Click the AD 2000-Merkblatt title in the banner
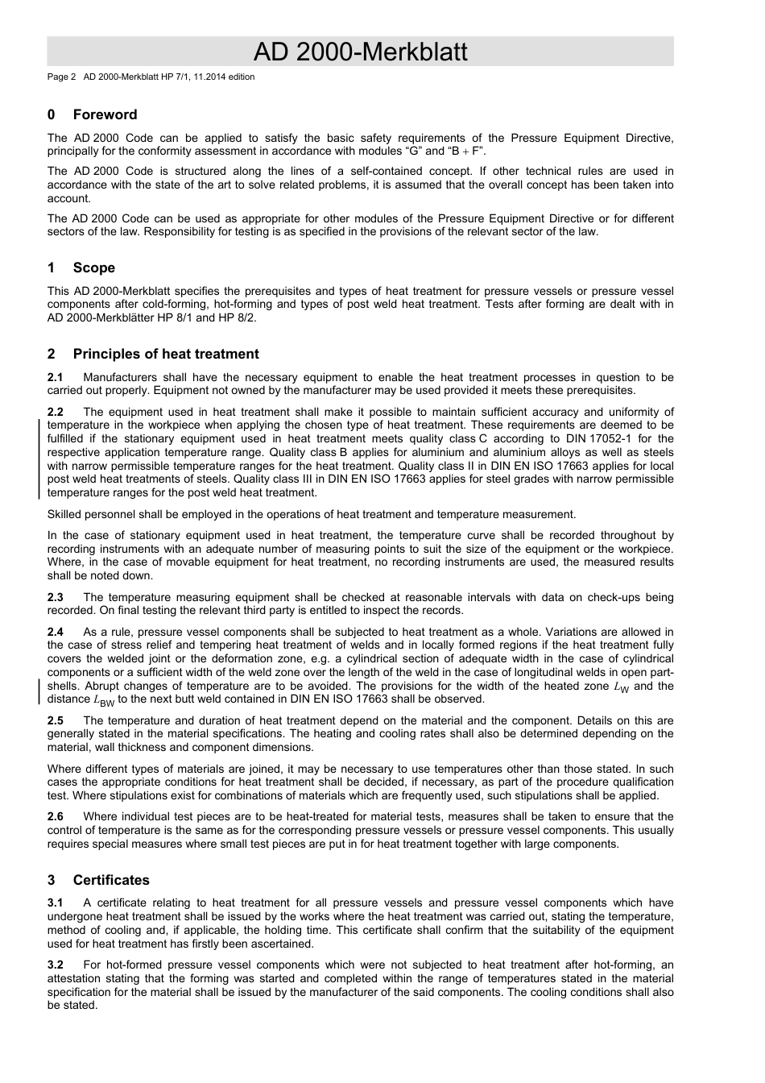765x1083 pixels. (360, 52)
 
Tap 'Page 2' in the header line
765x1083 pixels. (61, 77)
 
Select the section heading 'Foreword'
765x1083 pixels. (105, 114)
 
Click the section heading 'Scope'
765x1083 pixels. (93, 268)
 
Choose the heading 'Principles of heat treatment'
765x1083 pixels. (165, 354)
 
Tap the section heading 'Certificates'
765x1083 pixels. (111, 880)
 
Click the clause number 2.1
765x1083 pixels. (55, 377)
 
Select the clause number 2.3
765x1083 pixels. (55, 597)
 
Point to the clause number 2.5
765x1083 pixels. (55, 720)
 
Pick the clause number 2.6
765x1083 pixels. (55, 817)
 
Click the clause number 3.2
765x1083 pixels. (55, 965)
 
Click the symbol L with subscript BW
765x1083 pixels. (104, 700)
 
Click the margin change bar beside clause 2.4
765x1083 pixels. (40, 693)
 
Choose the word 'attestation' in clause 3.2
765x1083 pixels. (77, 978)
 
